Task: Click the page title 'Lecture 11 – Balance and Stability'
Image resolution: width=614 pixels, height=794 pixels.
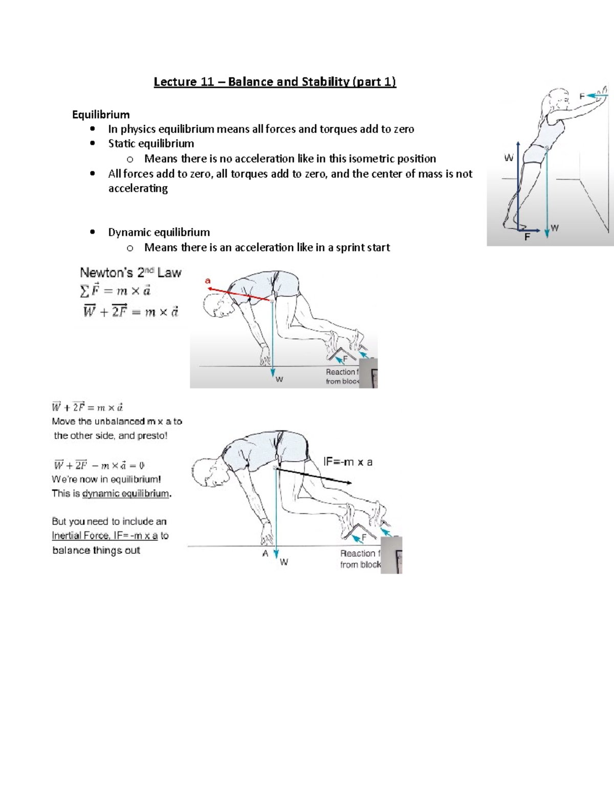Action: click(275, 82)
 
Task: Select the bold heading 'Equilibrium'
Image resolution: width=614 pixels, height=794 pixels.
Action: click(101, 115)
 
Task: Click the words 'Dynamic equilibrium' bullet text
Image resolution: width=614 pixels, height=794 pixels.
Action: click(159, 232)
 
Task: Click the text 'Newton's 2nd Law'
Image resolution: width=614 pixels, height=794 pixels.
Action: click(130, 273)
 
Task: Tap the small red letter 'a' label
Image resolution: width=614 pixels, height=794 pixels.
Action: click(208, 281)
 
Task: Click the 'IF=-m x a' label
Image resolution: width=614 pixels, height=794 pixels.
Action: click(348, 462)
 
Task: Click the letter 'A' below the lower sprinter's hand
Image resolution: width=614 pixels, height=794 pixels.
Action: click(265, 553)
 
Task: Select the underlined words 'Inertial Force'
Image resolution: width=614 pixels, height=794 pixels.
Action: click(80, 535)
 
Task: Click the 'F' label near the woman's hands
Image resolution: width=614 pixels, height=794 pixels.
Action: click(582, 96)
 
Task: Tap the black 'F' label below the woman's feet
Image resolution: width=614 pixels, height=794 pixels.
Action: click(527, 237)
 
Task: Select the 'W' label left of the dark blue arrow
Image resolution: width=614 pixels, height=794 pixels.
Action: click(509, 158)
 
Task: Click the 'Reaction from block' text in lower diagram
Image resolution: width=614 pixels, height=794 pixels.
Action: click(360, 559)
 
